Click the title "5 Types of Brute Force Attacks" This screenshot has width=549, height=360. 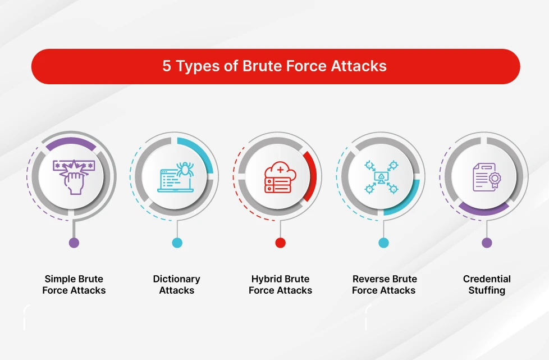click(274, 66)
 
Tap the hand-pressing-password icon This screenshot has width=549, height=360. click(74, 176)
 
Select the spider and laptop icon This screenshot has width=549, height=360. click(177, 176)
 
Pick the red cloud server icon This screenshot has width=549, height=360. click(280, 176)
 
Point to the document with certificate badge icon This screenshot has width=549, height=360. click(486, 176)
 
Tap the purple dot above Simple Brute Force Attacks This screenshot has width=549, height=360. click(74, 243)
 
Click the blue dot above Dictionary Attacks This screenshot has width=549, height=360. click(177, 243)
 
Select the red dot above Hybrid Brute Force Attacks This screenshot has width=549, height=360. click(280, 243)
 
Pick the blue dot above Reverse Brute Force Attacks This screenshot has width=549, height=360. click(383, 243)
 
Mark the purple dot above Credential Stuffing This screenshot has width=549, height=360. click(487, 243)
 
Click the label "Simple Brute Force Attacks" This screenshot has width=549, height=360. click(74, 285)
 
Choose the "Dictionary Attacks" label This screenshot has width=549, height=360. click(177, 285)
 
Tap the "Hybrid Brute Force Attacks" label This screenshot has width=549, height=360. click(280, 285)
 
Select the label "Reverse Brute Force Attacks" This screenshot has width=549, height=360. click(383, 285)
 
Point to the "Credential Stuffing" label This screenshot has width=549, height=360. click(487, 285)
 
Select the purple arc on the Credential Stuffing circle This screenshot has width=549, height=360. click(484, 211)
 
